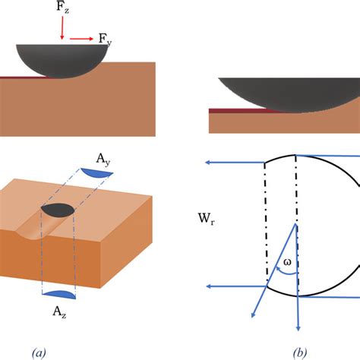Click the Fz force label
[63, 11]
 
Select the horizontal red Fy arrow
[81, 36]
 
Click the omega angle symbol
[287, 263]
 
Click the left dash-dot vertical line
[265, 220]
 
